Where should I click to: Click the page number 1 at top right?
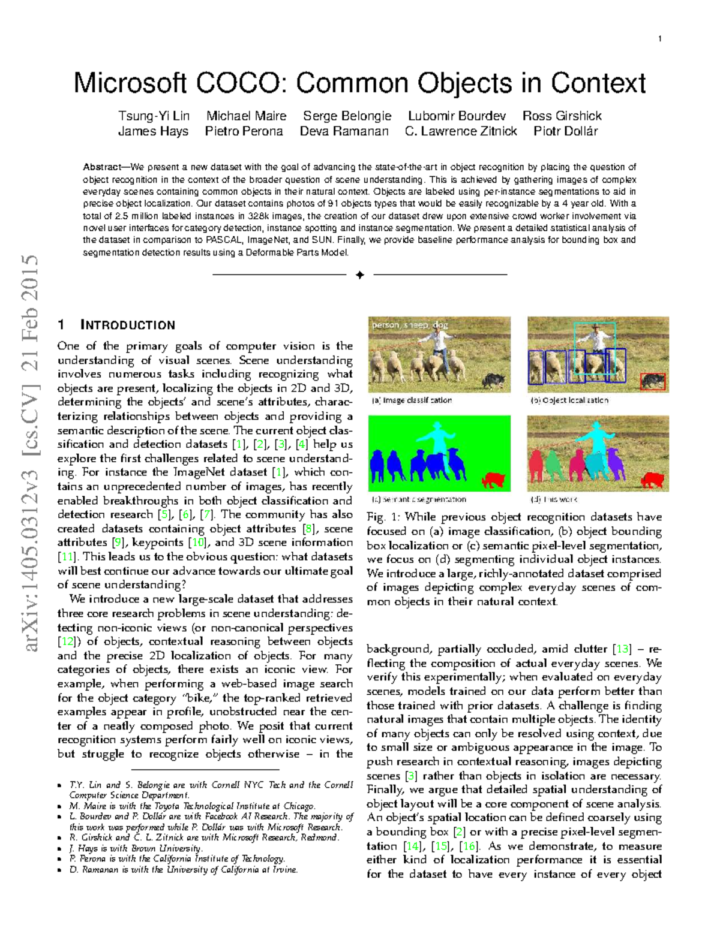pyautogui.click(x=660, y=39)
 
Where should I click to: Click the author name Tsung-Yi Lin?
pyautogui.click(x=154, y=116)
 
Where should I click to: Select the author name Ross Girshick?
pyautogui.click(x=562, y=116)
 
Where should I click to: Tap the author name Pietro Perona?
pyautogui.click(x=244, y=131)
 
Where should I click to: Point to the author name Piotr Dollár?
pyautogui.click(x=565, y=131)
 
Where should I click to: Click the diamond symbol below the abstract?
pyautogui.click(x=359, y=275)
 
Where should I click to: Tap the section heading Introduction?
pyautogui.click(x=127, y=325)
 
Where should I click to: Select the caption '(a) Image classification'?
pyautogui.click(x=412, y=400)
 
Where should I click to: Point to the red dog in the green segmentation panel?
pyautogui.click(x=494, y=480)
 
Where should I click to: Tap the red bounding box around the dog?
pyautogui.click(x=652, y=381)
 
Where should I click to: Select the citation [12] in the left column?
pyautogui.click(x=66, y=641)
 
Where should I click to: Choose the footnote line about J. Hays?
pyautogui.click(x=136, y=848)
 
